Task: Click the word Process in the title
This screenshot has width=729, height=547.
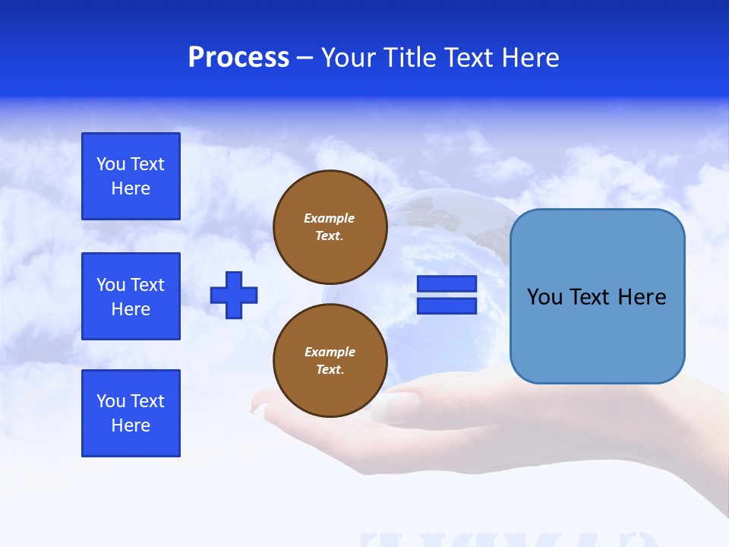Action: coord(238,58)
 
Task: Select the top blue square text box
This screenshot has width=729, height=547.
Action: coord(131,176)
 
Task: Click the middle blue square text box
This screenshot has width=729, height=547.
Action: coord(131,296)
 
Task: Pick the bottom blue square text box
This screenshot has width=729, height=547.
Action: coord(131,413)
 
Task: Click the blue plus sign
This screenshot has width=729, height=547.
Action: coord(234,295)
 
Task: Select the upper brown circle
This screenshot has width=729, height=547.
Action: coord(330,227)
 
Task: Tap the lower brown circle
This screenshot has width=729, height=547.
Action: coord(330,361)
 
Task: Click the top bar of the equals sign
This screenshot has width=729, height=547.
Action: coord(447,283)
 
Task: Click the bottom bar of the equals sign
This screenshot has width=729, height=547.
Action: coord(447,305)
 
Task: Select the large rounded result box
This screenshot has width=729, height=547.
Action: coord(597,334)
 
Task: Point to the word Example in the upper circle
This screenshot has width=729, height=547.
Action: coord(330,218)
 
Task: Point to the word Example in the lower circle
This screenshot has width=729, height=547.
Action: coord(330,352)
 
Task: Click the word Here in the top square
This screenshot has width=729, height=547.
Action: coord(131,188)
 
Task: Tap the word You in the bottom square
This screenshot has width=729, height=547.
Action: coord(111,401)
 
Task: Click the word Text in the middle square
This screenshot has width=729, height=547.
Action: coord(147,285)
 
